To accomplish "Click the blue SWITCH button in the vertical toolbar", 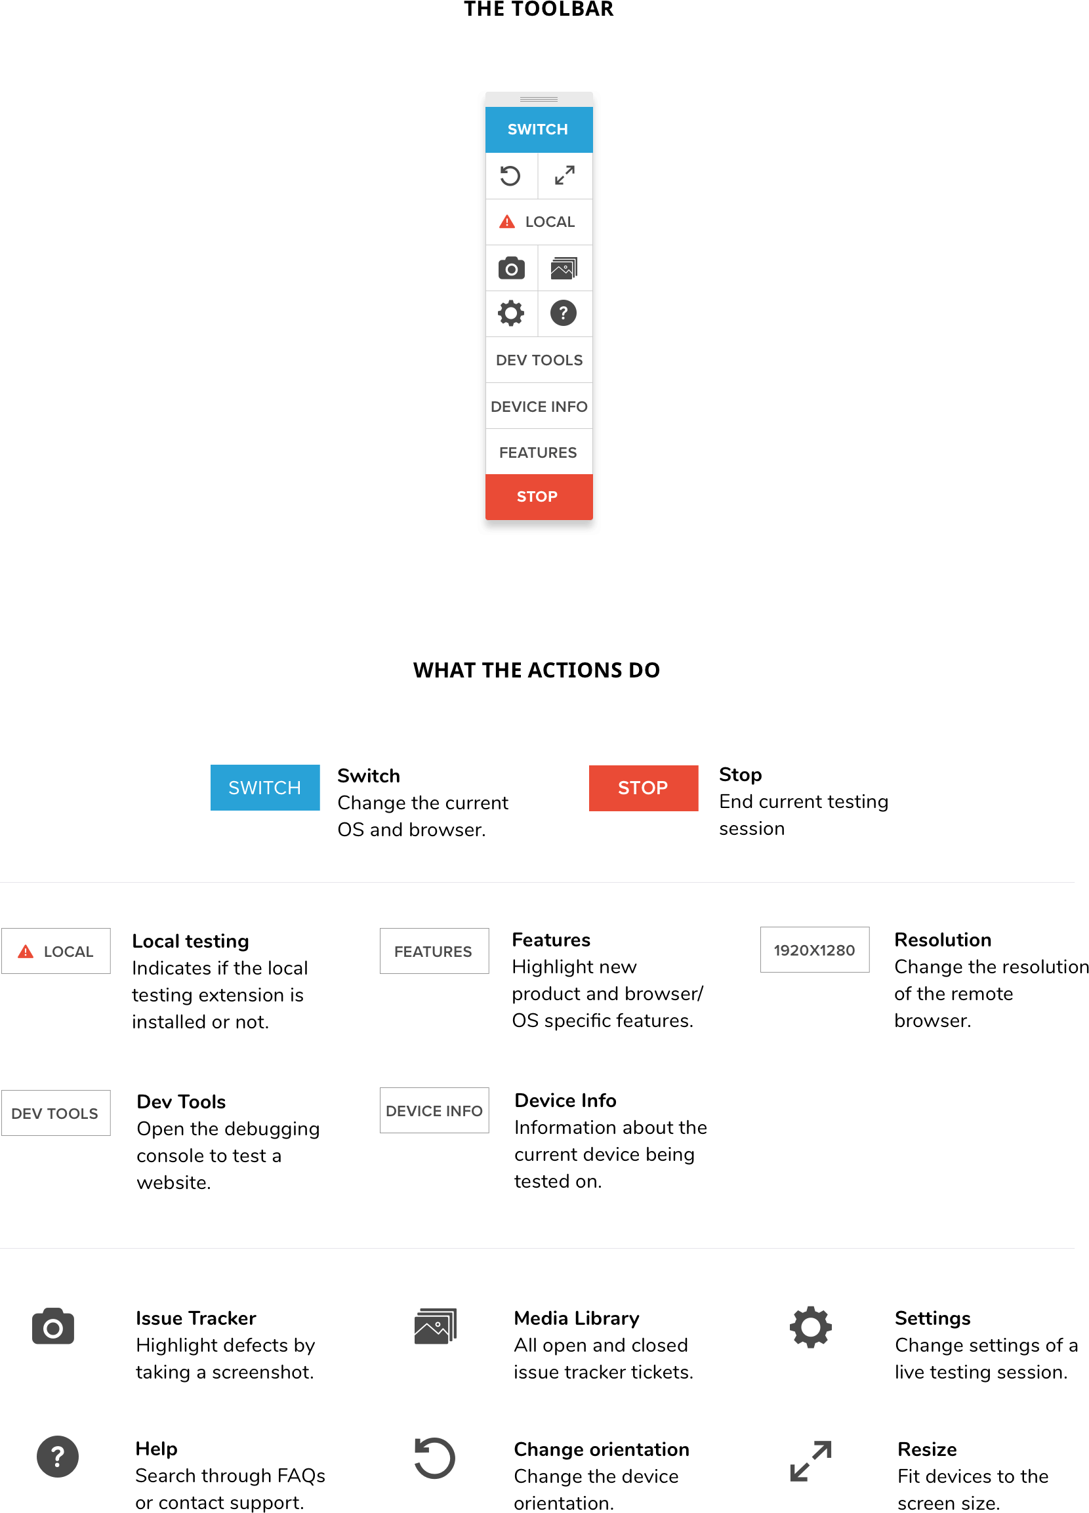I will (x=539, y=129).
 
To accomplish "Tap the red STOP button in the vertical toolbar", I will (x=539, y=497).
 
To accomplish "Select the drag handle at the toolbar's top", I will (x=539, y=100).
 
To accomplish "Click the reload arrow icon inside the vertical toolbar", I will (x=510, y=176).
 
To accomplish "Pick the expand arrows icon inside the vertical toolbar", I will (x=565, y=176).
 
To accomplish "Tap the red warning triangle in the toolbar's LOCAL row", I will (x=507, y=222).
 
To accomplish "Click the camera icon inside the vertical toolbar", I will (x=511, y=268).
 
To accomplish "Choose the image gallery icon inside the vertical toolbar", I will (x=564, y=268).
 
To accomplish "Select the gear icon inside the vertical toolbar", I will (x=511, y=313).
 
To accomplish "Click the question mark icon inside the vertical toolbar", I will (x=564, y=313).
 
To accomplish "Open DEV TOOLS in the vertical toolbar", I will (x=539, y=360).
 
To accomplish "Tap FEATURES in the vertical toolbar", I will (x=539, y=453).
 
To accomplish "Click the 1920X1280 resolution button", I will (x=814, y=949).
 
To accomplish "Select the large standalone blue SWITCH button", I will (x=265, y=787).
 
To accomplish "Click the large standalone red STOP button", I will (x=644, y=788).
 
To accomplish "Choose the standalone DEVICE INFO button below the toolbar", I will (x=434, y=1110).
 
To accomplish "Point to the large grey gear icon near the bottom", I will (x=810, y=1326).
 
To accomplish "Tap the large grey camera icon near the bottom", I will (x=53, y=1326).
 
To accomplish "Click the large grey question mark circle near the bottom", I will (x=57, y=1457).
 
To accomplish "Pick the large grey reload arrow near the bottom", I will (x=434, y=1458).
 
